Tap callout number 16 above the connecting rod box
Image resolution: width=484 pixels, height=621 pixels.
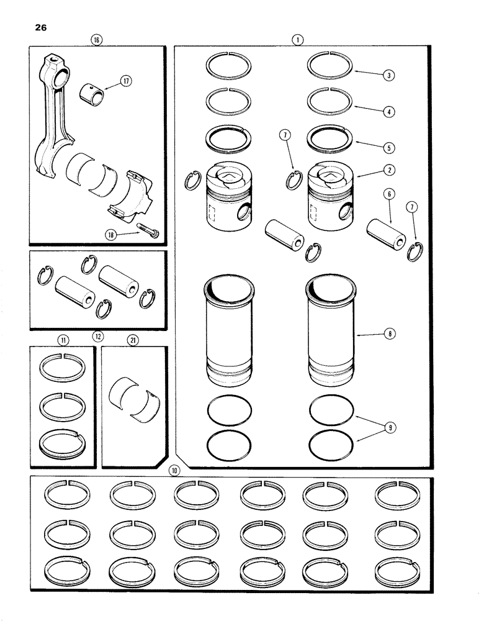tap(96, 39)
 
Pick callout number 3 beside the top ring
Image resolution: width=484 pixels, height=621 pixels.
tap(388, 75)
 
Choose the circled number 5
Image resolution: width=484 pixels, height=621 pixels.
tap(388, 148)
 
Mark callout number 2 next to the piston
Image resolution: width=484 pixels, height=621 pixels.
tap(388, 169)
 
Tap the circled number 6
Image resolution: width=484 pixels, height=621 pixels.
tap(388, 195)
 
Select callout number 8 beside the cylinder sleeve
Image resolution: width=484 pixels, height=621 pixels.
tap(388, 334)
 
